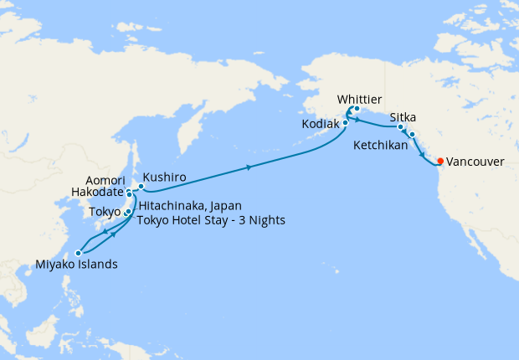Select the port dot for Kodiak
(x=344, y=124)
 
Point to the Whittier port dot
(x=357, y=110)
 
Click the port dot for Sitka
(x=401, y=127)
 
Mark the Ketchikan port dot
(x=412, y=134)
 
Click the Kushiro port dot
(x=141, y=186)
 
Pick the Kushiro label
(x=164, y=177)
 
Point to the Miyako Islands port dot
(x=78, y=253)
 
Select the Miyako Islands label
(x=75, y=265)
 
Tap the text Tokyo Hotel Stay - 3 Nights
(x=211, y=220)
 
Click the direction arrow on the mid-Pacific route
(x=249, y=168)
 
